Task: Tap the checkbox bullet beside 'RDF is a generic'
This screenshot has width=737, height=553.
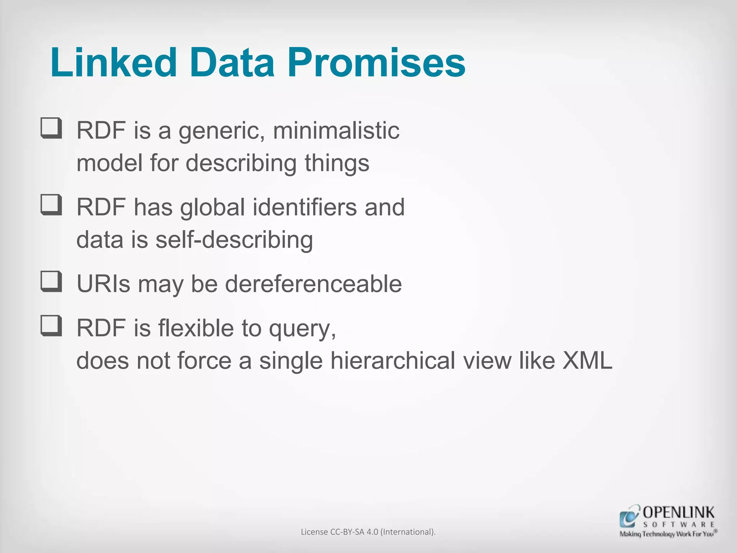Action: point(51,128)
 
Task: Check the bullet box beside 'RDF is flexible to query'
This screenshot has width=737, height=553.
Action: point(51,325)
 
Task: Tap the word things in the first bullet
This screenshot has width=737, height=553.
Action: point(337,163)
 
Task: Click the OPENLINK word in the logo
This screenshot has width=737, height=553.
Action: point(678,513)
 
